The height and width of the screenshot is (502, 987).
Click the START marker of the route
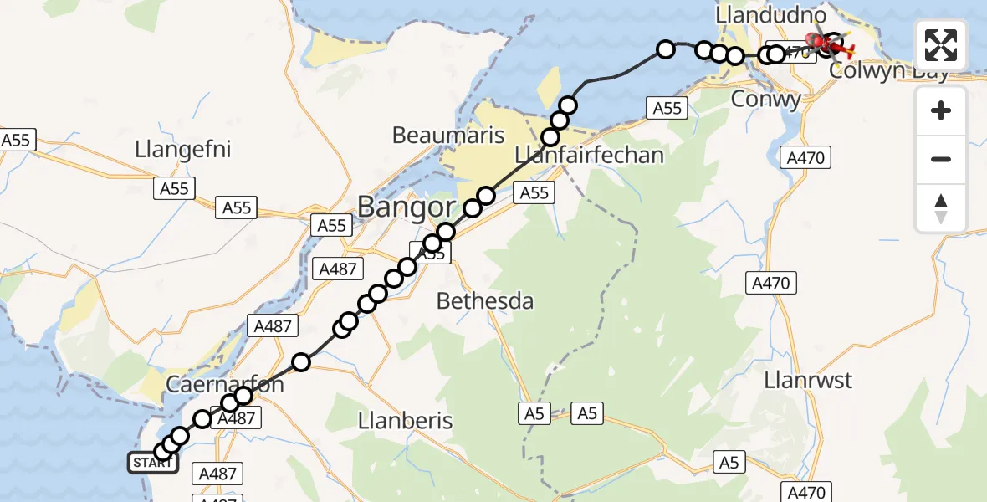click(152, 463)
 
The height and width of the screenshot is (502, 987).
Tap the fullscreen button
click(941, 44)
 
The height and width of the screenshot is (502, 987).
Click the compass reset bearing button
click(941, 207)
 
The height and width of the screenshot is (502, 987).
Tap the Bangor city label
click(407, 207)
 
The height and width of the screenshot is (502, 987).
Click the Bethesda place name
click(485, 301)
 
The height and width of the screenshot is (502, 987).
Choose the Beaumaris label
click(447, 135)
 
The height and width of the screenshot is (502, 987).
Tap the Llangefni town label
click(182, 150)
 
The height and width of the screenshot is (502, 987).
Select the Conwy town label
click(766, 99)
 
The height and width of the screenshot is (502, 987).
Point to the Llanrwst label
click(808, 381)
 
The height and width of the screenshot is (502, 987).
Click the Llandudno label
click(771, 16)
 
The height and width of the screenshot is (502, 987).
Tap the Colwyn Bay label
click(889, 70)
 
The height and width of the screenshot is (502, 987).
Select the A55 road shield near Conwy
click(667, 107)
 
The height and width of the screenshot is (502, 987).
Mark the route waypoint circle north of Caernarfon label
click(301, 362)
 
